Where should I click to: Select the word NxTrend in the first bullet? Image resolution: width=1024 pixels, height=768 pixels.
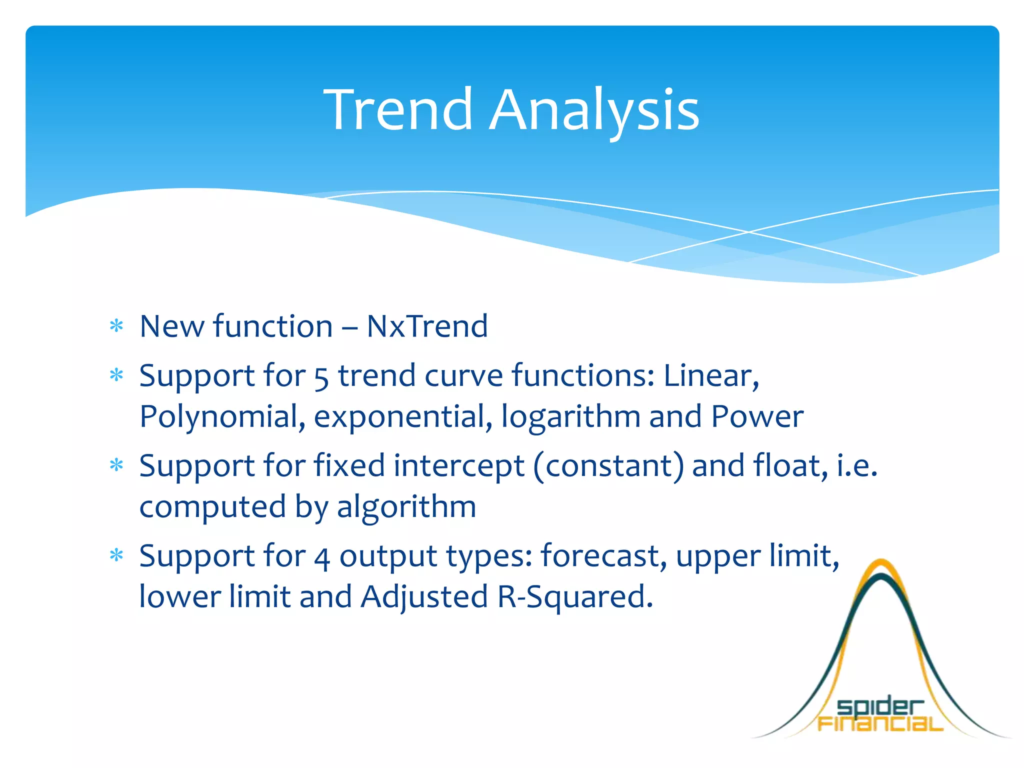pos(427,326)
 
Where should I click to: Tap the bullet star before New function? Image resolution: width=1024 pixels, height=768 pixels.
pos(116,326)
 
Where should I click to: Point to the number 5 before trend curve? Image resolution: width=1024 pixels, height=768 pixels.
pos(321,378)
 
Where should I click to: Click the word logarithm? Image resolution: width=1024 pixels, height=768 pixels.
pos(570,418)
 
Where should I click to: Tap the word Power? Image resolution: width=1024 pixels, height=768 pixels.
pos(757,417)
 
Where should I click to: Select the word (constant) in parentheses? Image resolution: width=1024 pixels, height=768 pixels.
pos(608,466)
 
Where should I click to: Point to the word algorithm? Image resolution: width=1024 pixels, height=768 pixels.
pos(406,508)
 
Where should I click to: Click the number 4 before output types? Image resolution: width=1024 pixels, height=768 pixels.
pos(322,558)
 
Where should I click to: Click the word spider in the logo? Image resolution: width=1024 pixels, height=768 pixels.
pos(879,707)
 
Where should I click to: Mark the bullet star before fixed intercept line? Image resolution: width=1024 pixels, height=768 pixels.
pos(116,465)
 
